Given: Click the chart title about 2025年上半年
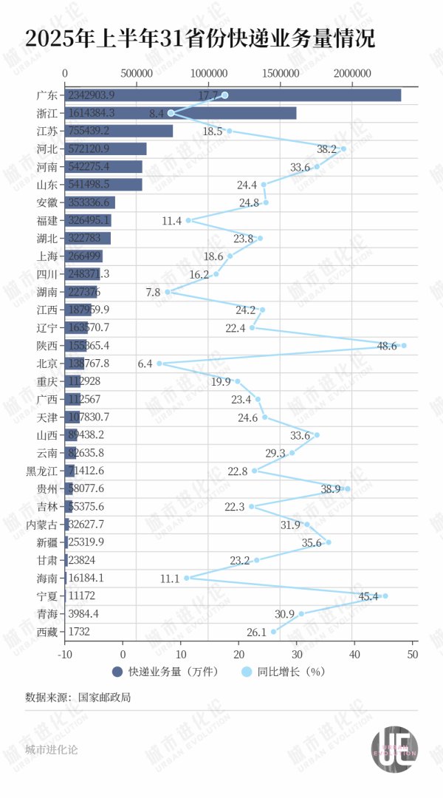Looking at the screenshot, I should click(200, 39).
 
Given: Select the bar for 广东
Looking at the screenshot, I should click(233, 95).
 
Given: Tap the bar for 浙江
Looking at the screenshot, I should click(180, 113).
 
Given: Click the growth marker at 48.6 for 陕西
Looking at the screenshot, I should click(404, 345).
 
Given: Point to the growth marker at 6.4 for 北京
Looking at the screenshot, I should click(159, 364).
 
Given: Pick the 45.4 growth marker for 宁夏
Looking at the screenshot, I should click(385, 596).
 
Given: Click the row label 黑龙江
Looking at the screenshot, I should click(42, 471).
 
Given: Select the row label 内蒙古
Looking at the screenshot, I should click(42, 524).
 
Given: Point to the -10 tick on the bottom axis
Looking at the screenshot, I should click(66, 654).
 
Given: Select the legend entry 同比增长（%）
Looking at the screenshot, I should click(285, 672).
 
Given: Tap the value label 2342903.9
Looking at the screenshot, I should click(91, 95).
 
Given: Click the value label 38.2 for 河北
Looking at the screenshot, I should click(326, 149).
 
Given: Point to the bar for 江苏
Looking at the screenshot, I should click(119, 131).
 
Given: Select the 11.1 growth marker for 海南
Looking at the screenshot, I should click(186, 578).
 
